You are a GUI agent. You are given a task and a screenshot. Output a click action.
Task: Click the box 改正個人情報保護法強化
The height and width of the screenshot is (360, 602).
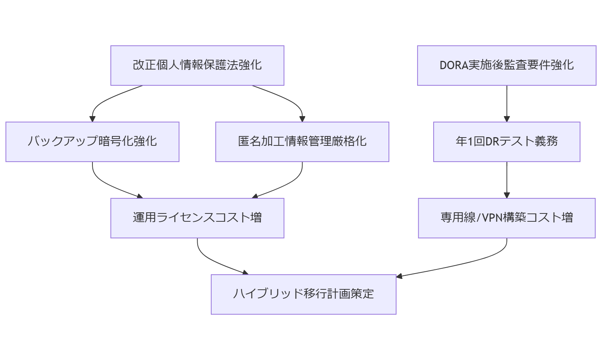(197, 65)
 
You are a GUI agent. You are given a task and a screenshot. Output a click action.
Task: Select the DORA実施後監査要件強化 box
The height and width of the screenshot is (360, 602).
(507, 65)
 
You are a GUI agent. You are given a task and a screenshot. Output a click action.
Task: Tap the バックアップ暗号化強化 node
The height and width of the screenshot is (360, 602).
(92, 142)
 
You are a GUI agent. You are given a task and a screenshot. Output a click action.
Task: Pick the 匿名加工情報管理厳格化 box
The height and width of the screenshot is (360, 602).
(302, 142)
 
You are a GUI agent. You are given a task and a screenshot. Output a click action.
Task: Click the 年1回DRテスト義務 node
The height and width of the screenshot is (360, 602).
(507, 142)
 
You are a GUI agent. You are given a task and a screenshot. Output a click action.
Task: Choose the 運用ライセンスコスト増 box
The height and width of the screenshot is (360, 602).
(197, 218)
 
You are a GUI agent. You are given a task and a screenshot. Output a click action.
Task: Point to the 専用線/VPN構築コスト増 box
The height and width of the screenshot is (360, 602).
(507, 218)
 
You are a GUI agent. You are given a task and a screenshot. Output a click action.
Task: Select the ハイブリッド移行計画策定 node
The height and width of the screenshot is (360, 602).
(304, 294)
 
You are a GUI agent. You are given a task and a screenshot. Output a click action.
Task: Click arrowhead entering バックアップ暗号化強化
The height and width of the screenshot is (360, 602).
(92, 119)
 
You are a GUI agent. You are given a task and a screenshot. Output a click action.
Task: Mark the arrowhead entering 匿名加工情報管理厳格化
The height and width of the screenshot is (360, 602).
(302, 119)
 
